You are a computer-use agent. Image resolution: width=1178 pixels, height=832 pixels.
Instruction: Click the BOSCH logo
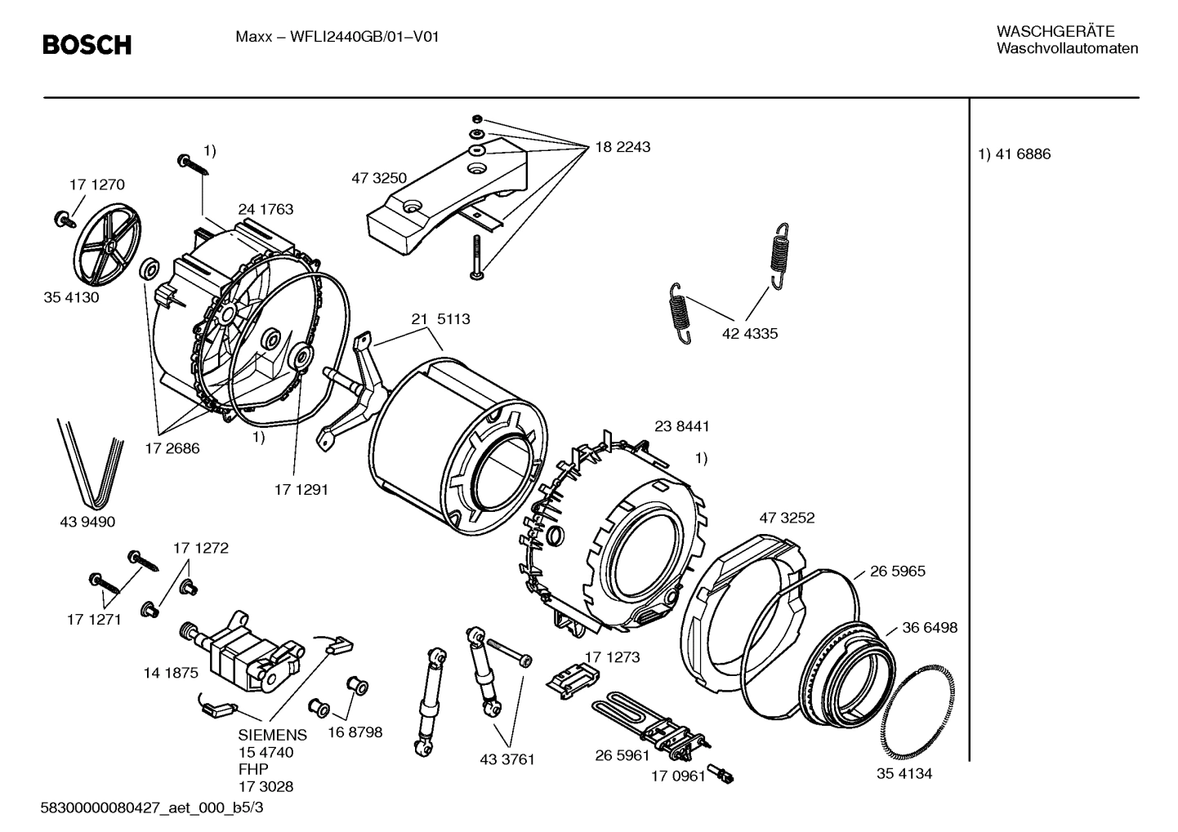(x=87, y=45)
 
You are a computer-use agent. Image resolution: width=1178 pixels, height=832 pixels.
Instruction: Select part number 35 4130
(x=71, y=297)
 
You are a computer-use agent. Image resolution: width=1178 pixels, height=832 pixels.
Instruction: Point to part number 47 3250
(x=379, y=179)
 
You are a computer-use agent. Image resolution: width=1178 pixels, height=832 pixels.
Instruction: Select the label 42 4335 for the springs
(x=750, y=333)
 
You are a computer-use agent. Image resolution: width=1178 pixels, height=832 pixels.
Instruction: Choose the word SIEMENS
(x=273, y=735)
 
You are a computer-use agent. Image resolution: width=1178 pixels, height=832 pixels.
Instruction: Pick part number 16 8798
(x=355, y=732)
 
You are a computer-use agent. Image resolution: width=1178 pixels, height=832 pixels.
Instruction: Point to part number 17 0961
(x=677, y=776)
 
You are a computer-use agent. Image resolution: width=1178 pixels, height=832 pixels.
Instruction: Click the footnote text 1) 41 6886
(x=1015, y=154)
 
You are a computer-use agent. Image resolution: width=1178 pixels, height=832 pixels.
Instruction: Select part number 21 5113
(x=440, y=319)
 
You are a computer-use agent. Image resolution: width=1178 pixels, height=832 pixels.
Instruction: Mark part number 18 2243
(x=622, y=148)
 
